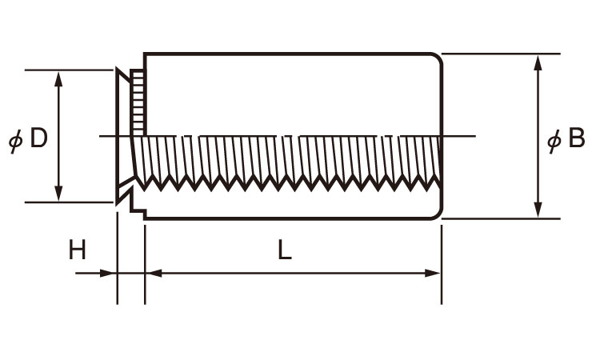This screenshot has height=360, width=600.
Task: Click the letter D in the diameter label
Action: (38, 139)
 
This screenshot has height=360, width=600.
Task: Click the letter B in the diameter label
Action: (576, 140)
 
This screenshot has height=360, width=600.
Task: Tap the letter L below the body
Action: (286, 250)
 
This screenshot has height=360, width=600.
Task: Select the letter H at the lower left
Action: (77, 251)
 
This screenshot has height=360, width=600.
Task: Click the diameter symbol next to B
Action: (554, 142)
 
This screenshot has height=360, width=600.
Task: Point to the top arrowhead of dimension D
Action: (58, 78)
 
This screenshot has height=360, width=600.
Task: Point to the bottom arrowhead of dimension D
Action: (58, 194)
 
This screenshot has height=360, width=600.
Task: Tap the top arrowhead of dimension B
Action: (538, 62)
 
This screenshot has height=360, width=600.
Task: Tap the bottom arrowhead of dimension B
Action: (538, 210)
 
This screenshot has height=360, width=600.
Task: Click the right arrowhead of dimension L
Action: (434, 273)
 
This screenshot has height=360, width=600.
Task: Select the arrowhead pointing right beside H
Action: (109, 273)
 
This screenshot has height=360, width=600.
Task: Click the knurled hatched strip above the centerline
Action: (138, 102)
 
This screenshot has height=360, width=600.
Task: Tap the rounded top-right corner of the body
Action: (437, 58)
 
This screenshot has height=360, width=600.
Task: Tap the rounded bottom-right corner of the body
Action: (437, 214)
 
